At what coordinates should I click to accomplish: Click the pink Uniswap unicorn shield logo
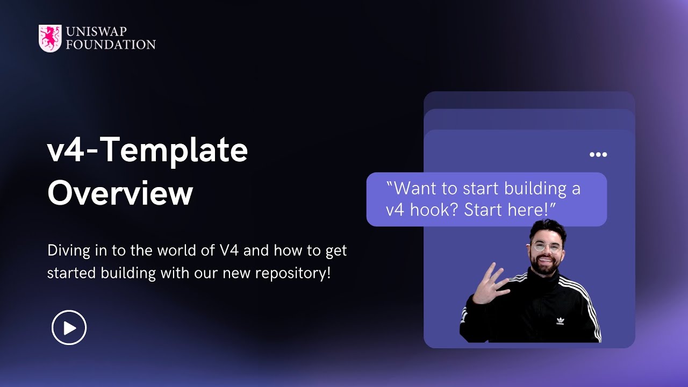(x=50, y=38)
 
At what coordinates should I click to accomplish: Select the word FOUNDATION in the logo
(x=110, y=45)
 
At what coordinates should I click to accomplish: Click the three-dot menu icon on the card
(x=598, y=155)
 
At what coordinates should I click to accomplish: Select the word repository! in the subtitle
(x=293, y=273)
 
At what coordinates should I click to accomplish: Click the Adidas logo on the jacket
(x=560, y=321)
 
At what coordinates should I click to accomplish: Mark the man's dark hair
(x=547, y=228)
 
